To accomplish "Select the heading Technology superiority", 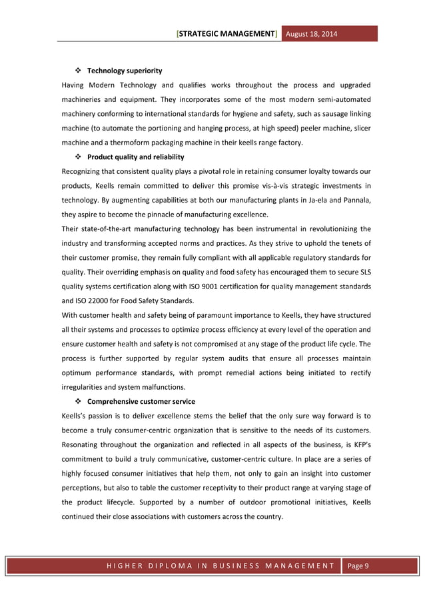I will click(x=125, y=71).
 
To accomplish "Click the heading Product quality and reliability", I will click(x=136, y=157).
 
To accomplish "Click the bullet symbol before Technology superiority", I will click(x=77, y=71).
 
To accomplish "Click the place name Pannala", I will click(x=356, y=200).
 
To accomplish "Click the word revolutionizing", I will click(x=337, y=229).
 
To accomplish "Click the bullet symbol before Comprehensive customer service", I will click(x=77, y=402).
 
